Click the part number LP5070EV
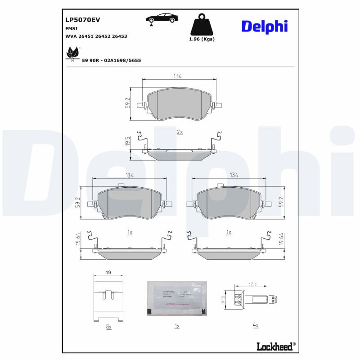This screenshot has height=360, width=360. (x=82, y=19)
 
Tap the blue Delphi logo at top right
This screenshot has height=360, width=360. (x=264, y=26)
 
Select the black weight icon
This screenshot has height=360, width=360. (x=202, y=25)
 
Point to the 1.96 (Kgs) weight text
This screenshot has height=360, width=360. (x=202, y=39)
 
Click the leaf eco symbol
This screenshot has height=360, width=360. (x=72, y=54)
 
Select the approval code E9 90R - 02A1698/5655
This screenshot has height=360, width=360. (x=112, y=60)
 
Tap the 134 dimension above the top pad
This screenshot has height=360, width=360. (x=177, y=76)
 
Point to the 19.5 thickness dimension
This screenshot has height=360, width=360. (x=127, y=142)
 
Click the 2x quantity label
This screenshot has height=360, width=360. (x=180, y=132)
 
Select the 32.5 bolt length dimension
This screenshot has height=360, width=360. (x=252, y=284)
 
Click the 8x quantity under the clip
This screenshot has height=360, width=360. (x=108, y=327)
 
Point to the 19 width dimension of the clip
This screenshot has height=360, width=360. (x=108, y=273)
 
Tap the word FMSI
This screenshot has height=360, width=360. (x=72, y=28)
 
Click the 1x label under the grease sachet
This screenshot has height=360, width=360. (x=177, y=325)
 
